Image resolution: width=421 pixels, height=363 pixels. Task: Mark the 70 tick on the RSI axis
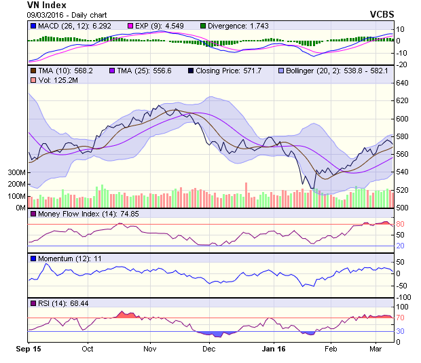point(401,318)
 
